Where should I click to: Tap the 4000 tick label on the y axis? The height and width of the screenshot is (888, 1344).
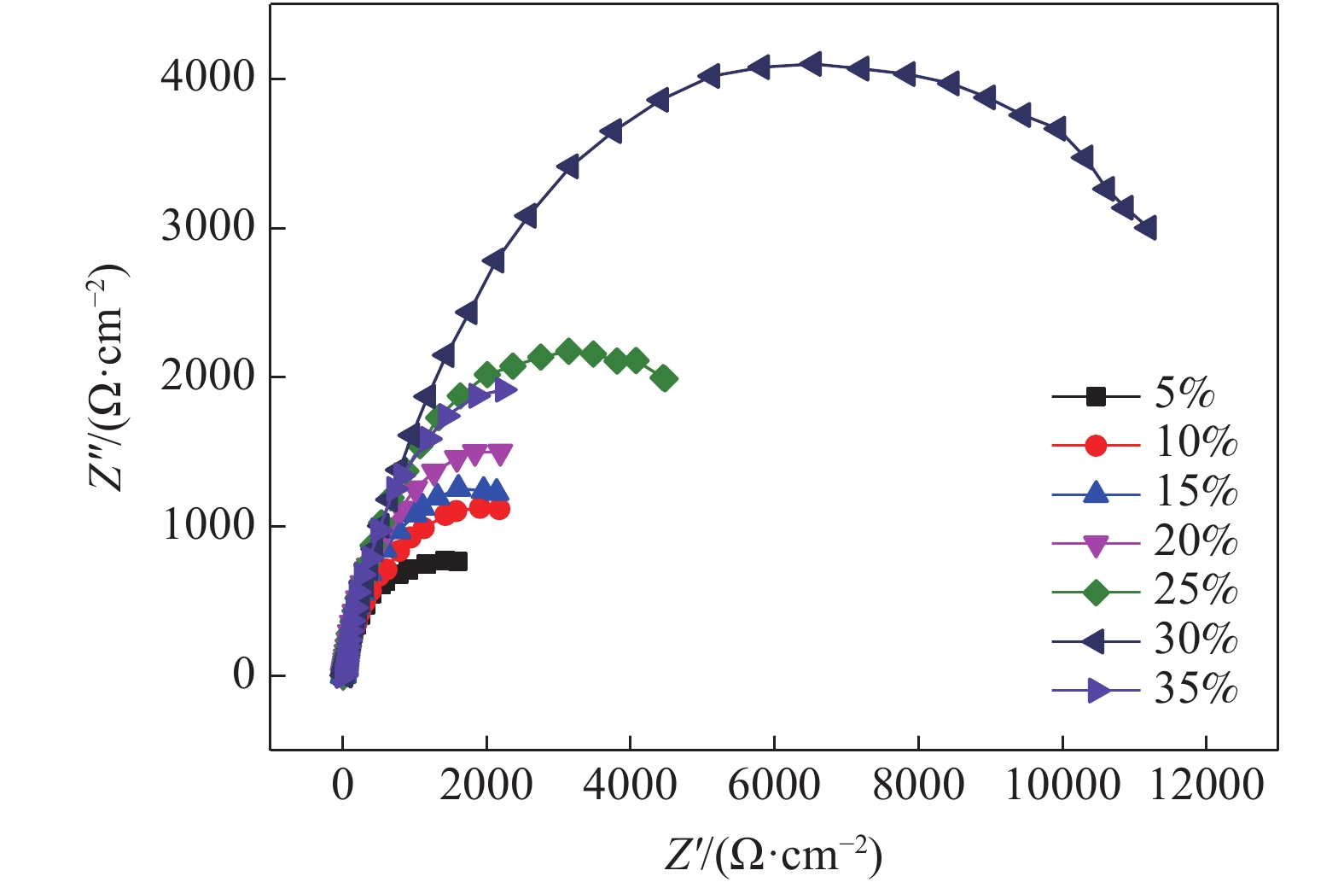tap(207, 78)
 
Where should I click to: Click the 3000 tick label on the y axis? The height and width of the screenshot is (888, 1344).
tap(207, 227)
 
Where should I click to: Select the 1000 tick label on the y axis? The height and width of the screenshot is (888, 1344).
tap(207, 525)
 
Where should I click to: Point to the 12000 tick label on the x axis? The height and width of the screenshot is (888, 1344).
tap(1206, 785)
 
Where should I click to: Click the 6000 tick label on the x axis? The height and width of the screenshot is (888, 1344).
tap(774, 785)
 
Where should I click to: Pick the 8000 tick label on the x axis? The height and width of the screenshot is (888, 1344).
tap(918, 785)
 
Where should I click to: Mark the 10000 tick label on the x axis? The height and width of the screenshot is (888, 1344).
tap(1062, 785)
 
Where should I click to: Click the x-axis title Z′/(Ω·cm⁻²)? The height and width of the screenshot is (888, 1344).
tap(773, 854)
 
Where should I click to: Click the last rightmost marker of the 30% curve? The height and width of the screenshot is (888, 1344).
tap(1146, 228)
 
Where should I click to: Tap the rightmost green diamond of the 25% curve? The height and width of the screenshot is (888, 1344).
tap(665, 378)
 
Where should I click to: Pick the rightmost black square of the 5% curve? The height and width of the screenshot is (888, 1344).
tap(457, 561)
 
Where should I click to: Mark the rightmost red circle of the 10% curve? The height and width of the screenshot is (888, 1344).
tap(499, 510)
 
